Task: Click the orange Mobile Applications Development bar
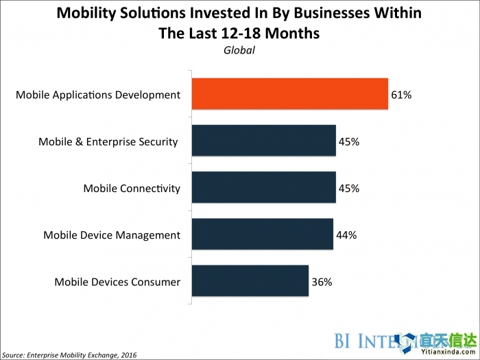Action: pyautogui.click(x=290, y=95)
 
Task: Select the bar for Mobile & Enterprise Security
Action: pyautogui.click(x=264, y=142)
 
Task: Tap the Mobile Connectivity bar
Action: pyautogui.click(x=264, y=188)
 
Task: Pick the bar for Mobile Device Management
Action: pyautogui.click(x=263, y=235)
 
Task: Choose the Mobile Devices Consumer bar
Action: pyautogui.click(x=250, y=281)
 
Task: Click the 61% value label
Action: pyautogui.click(x=401, y=95)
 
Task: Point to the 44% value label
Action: pyautogui.click(x=346, y=235)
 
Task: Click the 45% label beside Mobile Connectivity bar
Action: pyautogui.click(x=349, y=189)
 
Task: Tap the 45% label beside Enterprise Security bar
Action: pyautogui.click(x=349, y=142)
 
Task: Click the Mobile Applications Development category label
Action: pyautogui.click(x=98, y=95)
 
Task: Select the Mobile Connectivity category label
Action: pyautogui.click(x=132, y=189)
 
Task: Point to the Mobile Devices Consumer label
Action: pyautogui.click(x=117, y=282)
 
